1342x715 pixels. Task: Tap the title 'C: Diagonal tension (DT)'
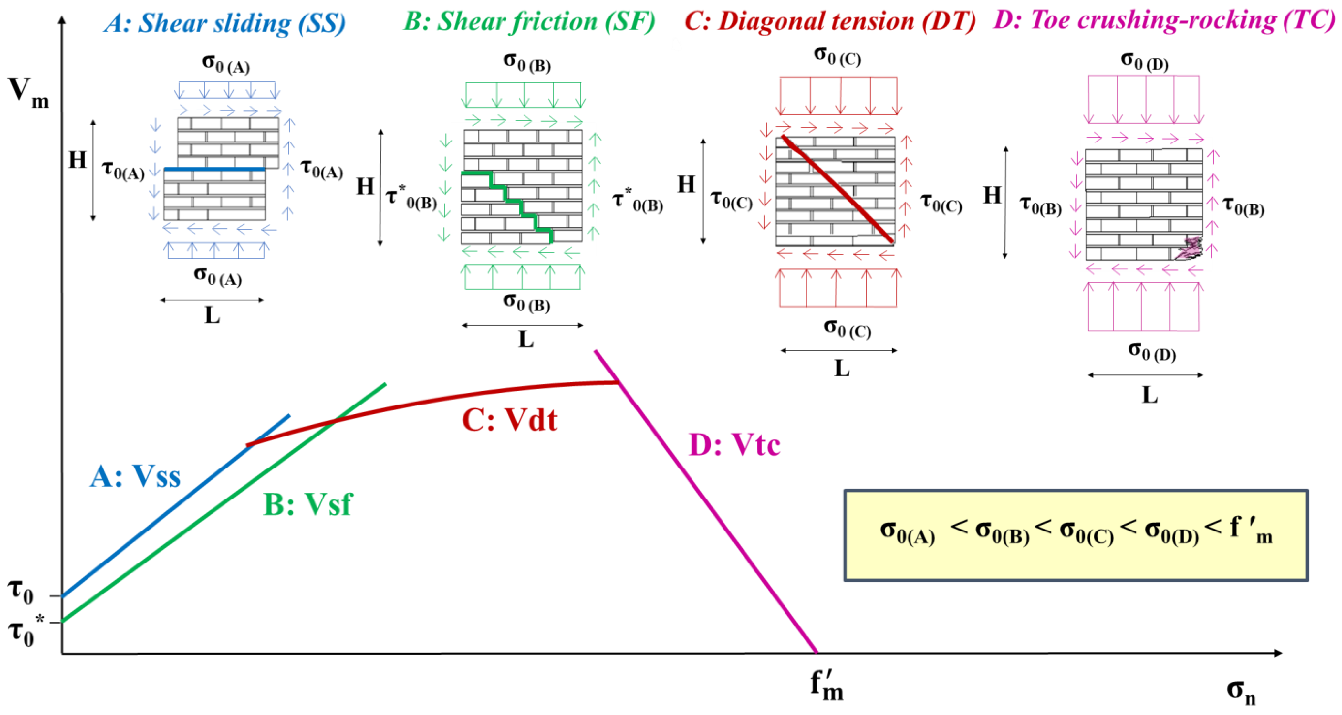[x=829, y=22]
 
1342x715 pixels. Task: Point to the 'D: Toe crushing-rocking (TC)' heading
[x=1164, y=21]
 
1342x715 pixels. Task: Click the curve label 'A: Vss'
[x=135, y=476]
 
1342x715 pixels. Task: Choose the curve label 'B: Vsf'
[x=308, y=504]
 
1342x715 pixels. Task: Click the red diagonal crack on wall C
[x=838, y=190]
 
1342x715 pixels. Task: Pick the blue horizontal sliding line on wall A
[x=215, y=169]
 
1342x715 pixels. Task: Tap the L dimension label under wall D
[x=1150, y=395]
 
